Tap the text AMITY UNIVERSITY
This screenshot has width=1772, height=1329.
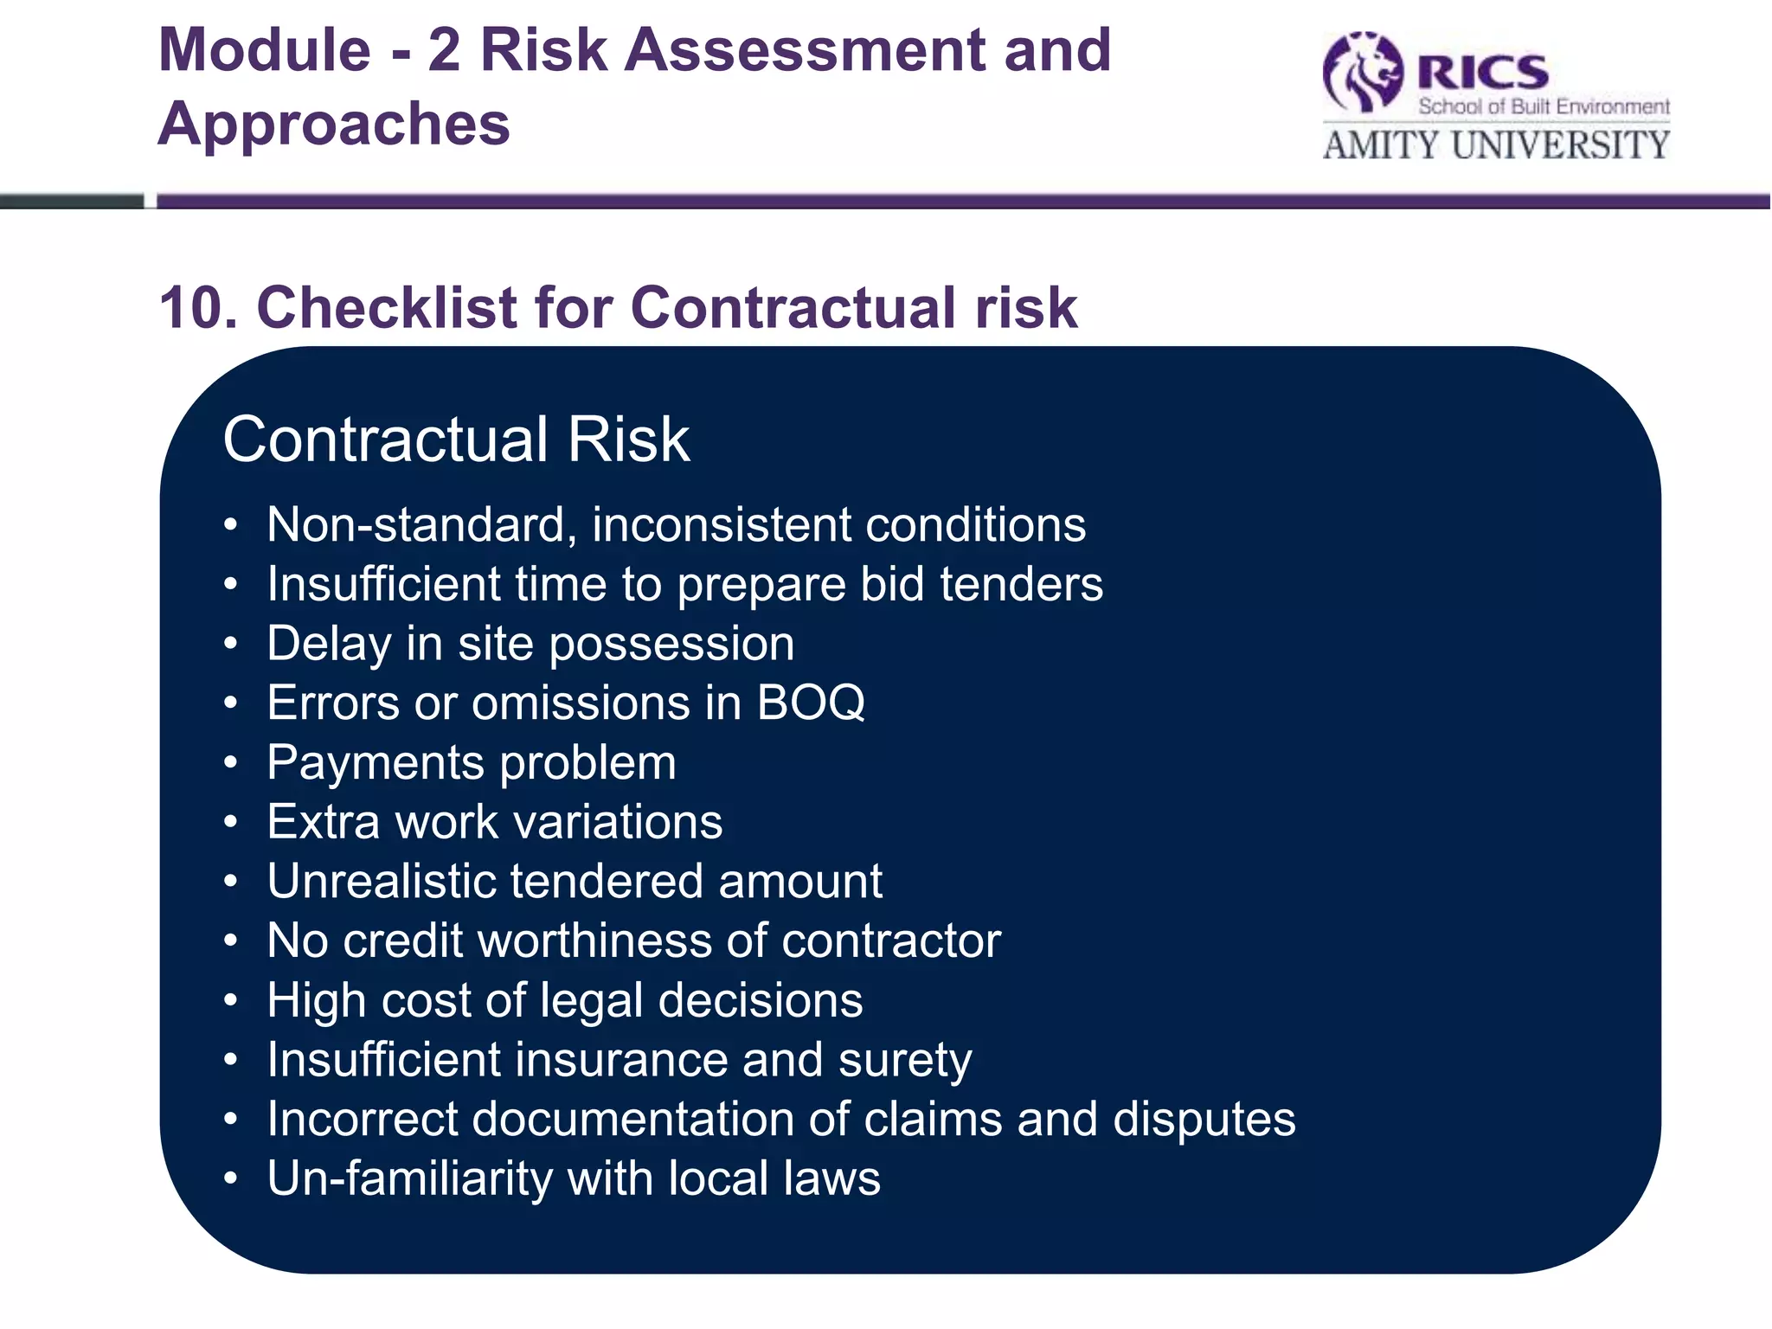point(1496,144)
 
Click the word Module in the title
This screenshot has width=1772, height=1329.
point(265,50)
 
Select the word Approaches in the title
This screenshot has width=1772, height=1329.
point(334,124)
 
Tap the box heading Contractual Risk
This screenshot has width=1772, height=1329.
point(456,440)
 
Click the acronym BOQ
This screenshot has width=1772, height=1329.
point(811,703)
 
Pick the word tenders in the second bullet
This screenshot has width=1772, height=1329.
point(1021,584)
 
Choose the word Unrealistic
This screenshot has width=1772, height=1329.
point(380,882)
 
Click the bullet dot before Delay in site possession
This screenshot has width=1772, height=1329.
point(230,644)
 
